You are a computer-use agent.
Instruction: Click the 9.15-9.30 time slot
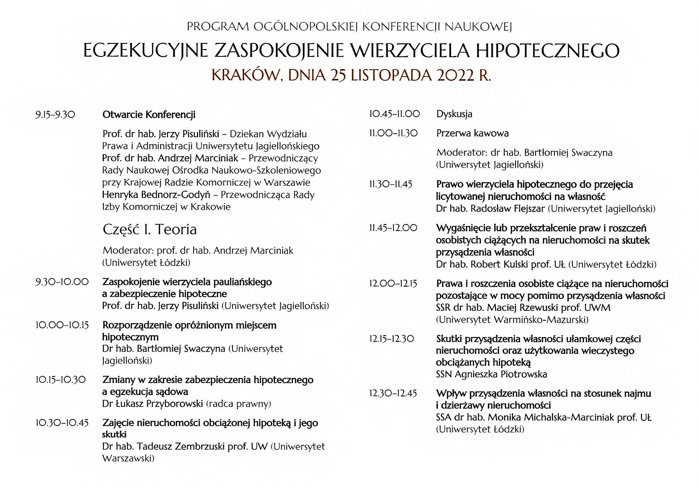[55, 115]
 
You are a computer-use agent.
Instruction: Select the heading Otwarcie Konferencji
[149, 115]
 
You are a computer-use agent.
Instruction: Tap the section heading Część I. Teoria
[149, 229]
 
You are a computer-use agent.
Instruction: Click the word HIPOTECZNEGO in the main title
[547, 50]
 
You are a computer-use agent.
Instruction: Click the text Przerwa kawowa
[472, 134]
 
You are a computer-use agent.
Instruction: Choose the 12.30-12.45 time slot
[393, 394]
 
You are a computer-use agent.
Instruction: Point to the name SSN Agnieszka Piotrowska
[491, 374]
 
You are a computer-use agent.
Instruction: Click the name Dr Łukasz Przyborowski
[153, 404]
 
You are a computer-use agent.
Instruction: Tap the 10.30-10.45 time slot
[62, 423]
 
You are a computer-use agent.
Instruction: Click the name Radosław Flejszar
[508, 209]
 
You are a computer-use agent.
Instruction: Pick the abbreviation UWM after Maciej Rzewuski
[597, 308]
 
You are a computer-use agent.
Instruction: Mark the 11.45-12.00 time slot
[393, 228]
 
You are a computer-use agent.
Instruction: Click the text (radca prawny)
[238, 404]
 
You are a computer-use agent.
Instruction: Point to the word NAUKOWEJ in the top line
[478, 27]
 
